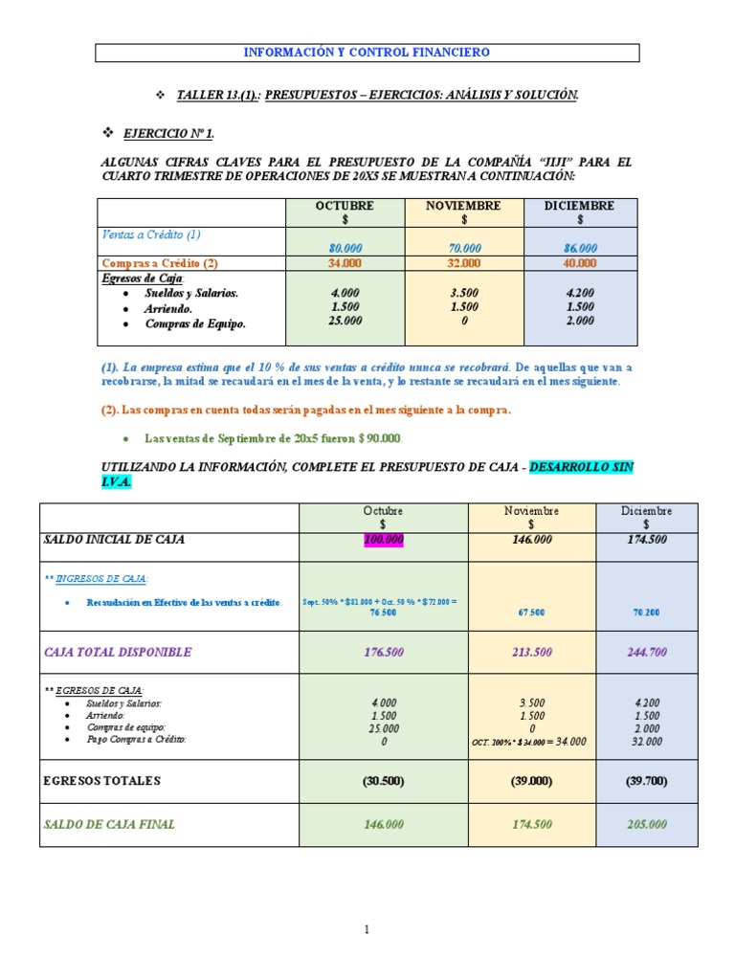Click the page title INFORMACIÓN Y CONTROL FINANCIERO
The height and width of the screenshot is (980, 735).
pos(367,53)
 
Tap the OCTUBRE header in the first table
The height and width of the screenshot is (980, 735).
pos(345,206)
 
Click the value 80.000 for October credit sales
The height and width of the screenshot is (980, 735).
pos(345,248)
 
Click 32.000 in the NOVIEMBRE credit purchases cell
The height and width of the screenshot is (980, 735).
pos(463,263)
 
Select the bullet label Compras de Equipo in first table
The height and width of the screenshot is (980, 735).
pos(195,323)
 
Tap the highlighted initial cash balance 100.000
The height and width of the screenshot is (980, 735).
pos(384,540)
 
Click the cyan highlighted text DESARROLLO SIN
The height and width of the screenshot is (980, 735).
pos(580,467)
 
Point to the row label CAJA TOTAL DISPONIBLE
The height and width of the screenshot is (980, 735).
pos(118,653)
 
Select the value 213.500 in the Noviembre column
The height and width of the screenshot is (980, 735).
pos(533,653)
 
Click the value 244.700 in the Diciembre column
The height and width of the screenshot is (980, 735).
pos(646,653)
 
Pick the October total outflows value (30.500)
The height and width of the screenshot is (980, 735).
pos(384,781)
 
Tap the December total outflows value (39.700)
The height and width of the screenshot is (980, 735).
pos(646,781)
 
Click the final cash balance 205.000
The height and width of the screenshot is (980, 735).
pos(646,824)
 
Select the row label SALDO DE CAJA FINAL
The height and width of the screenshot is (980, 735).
pos(110,824)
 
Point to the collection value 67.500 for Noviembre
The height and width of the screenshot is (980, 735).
pos(533,612)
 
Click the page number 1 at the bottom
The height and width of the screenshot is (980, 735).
pos(367,929)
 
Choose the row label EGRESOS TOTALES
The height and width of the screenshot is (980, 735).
pos(102,781)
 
